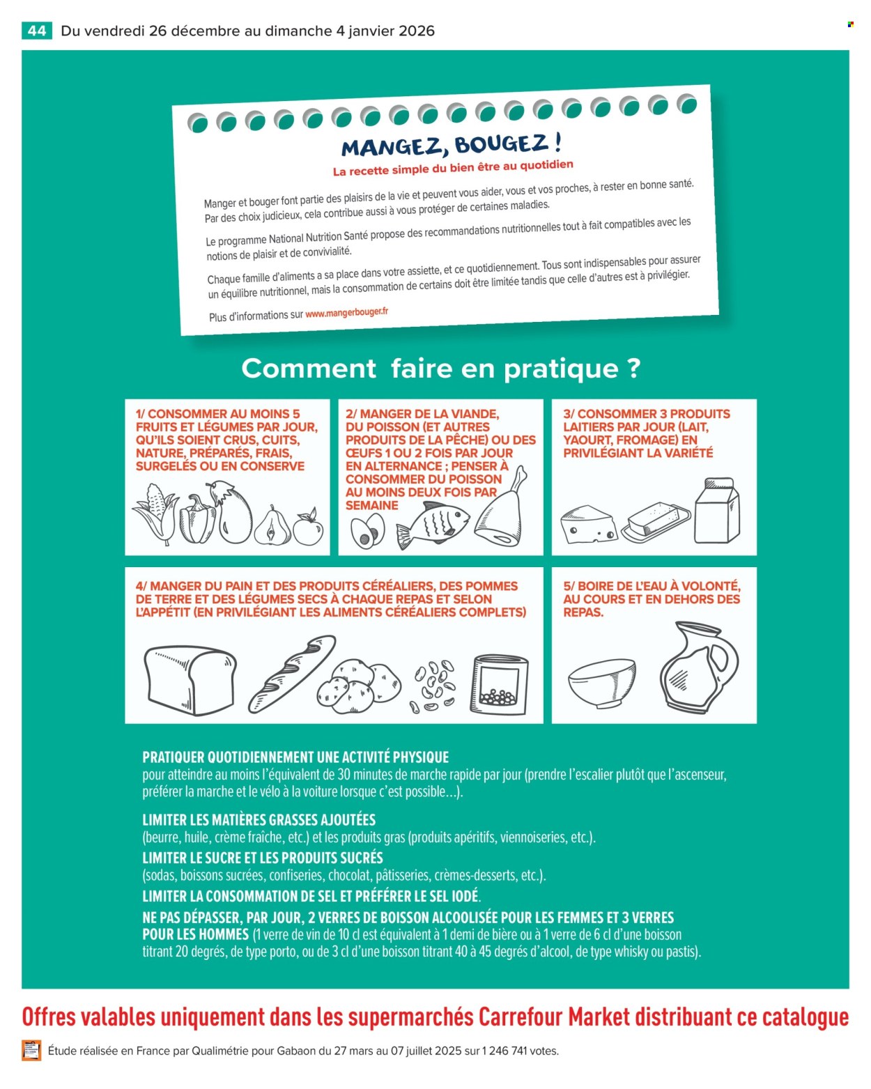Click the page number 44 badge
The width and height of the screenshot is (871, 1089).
(37, 31)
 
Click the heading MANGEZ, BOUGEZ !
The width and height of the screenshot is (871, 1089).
(452, 146)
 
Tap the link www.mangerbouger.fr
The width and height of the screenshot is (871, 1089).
(346, 313)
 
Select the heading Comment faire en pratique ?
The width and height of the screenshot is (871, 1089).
(440, 368)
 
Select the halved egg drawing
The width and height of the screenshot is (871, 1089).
(367, 531)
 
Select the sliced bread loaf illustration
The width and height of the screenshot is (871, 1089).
(190, 679)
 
